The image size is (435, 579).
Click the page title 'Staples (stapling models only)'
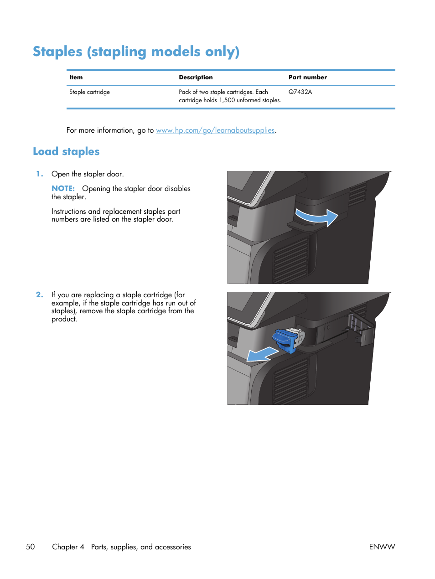click(136, 52)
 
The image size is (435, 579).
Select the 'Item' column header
click(76, 78)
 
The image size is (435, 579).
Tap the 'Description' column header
click(196, 78)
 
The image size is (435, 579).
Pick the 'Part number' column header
click(307, 78)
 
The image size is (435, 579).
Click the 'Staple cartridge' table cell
click(89, 92)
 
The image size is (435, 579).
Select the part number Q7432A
click(300, 92)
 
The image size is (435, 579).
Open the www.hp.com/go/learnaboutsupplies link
click(215, 130)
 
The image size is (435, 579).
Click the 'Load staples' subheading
click(66, 152)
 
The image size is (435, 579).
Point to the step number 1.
click(40, 174)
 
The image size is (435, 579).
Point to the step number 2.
click(40, 295)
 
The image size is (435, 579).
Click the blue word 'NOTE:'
click(63, 189)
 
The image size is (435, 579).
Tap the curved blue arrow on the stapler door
click(316, 216)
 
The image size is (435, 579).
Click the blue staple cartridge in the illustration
click(285, 340)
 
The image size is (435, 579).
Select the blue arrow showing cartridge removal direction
click(262, 355)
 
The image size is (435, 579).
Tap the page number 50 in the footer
click(30, 547)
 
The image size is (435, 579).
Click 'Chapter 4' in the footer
click(68, 547)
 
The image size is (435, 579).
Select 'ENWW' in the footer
click(382, 547)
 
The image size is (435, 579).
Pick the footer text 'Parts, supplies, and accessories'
click(141, 547)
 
